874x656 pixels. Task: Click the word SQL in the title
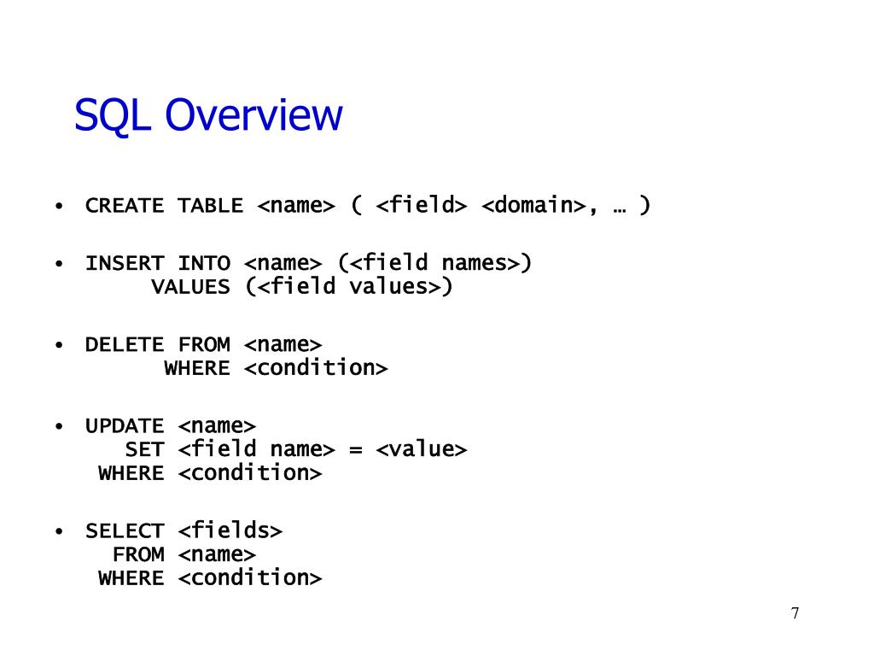[112, 115]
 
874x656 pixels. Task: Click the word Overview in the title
[253, 115]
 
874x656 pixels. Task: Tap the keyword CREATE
[124, 206]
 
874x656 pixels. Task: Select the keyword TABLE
[210, 206]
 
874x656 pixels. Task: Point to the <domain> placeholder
[533, 206]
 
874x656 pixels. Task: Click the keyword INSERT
[124, 263]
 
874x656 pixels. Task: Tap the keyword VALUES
[190, 287]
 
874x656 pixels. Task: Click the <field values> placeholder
[349, 286]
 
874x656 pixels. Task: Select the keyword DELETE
[124, 345]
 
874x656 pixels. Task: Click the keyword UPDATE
[124, 426]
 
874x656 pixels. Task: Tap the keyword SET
[144, 450]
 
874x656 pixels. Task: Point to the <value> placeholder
[421, 449]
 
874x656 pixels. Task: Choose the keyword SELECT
[124, 531]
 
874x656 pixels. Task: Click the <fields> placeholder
[230, 530]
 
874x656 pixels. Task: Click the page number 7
[795, 613]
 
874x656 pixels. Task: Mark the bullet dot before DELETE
[58, 345]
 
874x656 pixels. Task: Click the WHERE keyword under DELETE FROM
[197, 369]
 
